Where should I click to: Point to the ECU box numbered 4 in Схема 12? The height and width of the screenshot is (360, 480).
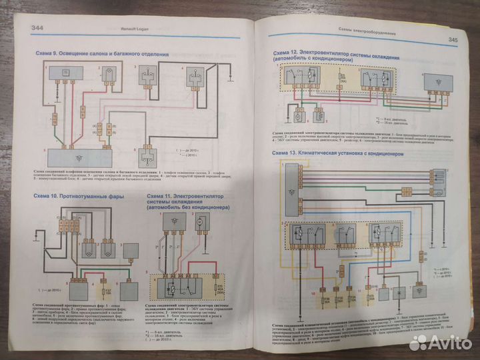[287, 115]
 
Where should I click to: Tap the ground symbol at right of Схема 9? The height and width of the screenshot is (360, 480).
[230, 81]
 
